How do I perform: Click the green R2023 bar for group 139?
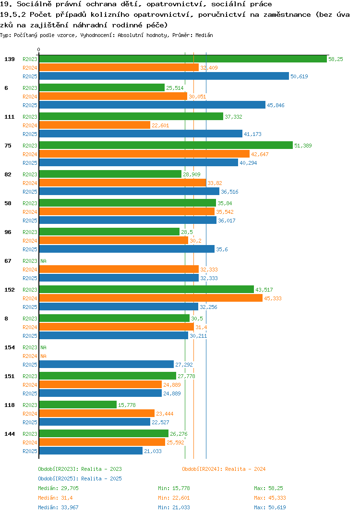point(183,59)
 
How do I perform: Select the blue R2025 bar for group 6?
point(152,105)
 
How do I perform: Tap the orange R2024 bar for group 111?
point(95,125)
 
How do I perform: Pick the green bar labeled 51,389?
point(166,145)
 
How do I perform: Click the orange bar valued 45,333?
point(151,298)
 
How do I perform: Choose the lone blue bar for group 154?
point(106,364)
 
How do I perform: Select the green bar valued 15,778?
point(78,405)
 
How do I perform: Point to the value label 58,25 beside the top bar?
point(336,59)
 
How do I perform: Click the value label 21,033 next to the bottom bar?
point(153,451)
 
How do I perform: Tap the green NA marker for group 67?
point(43,261)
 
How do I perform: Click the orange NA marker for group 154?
point(43,356)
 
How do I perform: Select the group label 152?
point(10,290)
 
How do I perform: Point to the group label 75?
point(8,146)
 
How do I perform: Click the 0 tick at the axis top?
point(38,49)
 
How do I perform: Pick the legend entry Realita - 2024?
point(224,469)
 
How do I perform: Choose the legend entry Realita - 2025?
point(80,479)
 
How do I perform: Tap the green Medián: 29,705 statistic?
point(58,488)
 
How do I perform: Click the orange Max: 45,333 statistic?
point(270,498)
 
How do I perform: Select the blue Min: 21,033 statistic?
point(174,507)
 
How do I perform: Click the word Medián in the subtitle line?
point(204,35)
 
